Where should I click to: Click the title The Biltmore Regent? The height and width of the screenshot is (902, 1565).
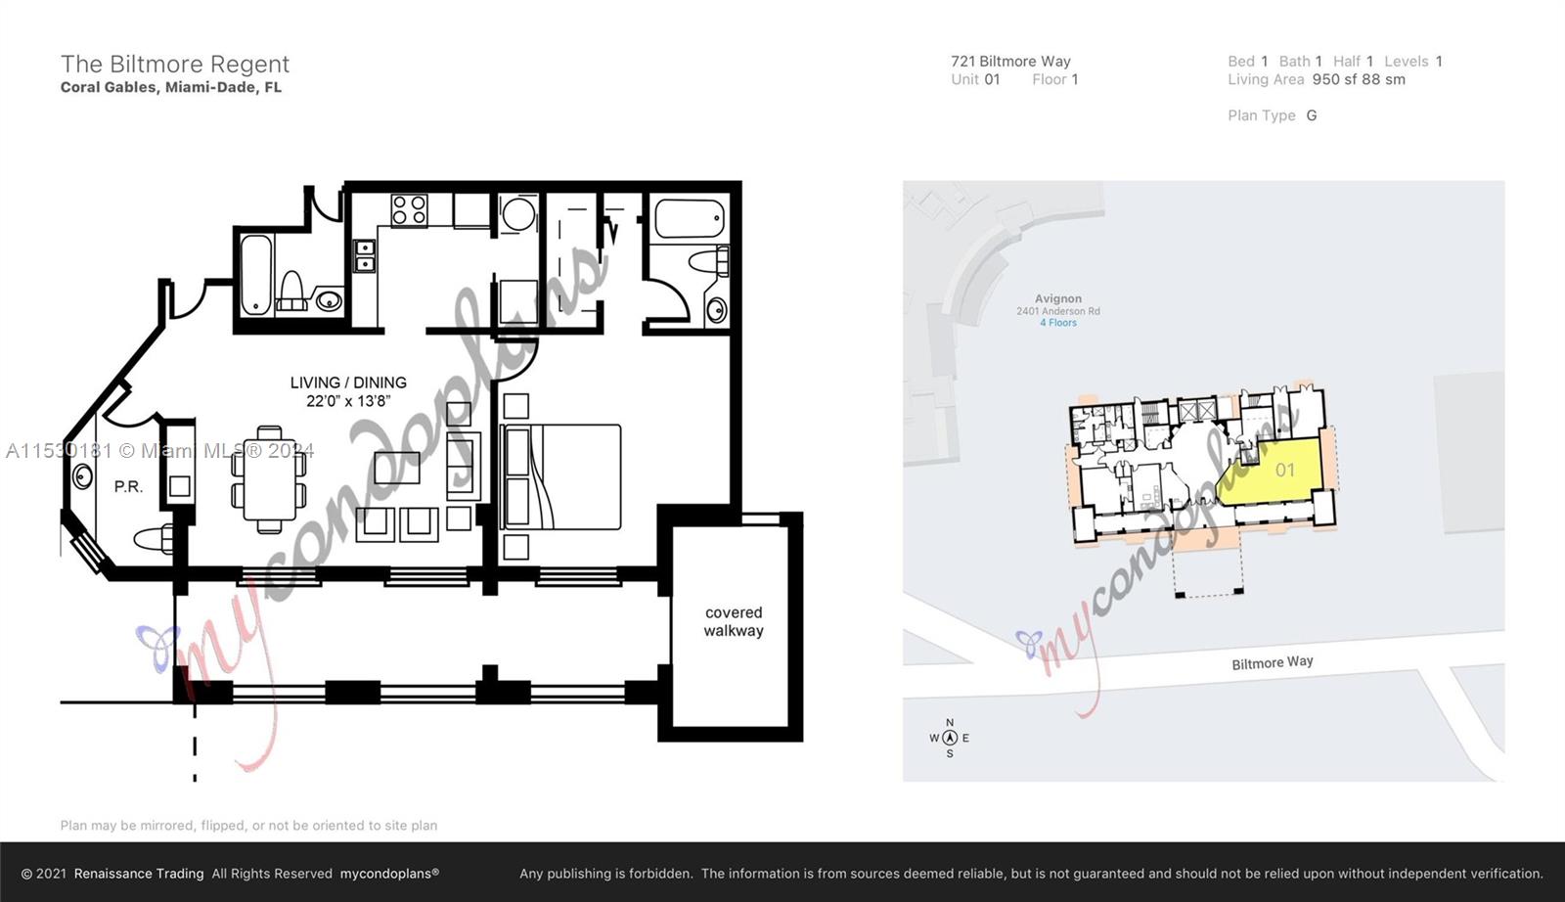point(175,65)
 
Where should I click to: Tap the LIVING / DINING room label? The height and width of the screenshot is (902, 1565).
point(348,383)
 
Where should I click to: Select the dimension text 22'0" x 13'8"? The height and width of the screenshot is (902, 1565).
point(348,401)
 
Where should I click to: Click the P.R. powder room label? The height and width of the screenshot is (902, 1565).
point(128,486)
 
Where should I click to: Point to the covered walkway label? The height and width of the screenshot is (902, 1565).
point(734,621)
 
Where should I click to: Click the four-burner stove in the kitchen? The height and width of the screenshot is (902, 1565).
point(409,210)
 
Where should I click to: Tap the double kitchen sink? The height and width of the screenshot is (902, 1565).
point(364,256)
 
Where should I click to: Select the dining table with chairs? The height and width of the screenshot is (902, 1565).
point(269,479)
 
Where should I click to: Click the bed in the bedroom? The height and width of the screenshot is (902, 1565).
point(562,476)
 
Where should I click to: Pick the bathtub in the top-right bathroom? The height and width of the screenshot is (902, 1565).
point(689,219)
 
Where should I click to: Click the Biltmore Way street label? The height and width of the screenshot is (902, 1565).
point(1272,662)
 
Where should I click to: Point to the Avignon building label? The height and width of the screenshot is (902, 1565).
point(1058,298)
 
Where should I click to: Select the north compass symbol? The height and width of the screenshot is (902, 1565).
point(949,738)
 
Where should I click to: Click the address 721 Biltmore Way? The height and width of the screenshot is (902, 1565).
point(1010,61)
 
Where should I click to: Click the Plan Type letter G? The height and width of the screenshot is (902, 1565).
point(1311,115)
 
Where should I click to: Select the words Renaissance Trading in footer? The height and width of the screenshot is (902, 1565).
point(139,874)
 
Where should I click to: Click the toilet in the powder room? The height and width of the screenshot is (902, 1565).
point(152,538)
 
